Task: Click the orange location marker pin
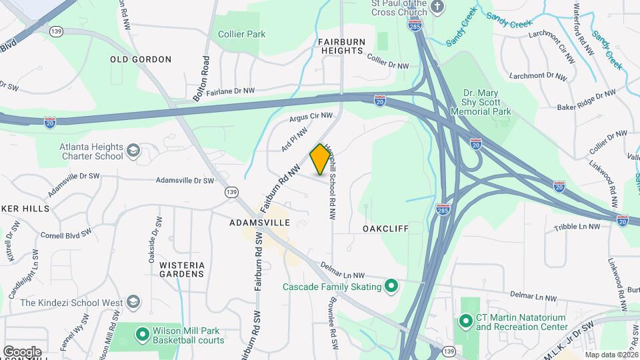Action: tap(320, 159)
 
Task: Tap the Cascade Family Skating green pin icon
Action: tap(392, 287)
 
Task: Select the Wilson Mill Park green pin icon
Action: tap(141, 334)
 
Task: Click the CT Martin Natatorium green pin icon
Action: tap(465, 321)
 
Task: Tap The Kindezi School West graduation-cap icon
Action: tap(133, 303)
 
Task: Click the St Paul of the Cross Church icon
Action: tap(437, 7)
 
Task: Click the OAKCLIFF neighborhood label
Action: tap(385, 229)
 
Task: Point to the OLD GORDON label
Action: tap(141, 59)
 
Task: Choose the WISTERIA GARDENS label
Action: tap(181, 269)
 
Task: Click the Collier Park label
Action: tap(241, 34)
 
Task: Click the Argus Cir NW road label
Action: tap(311, 118)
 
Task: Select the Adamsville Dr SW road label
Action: tap(185, 181)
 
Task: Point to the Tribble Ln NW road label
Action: tap(577, 227)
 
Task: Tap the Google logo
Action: tap(22, 351)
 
